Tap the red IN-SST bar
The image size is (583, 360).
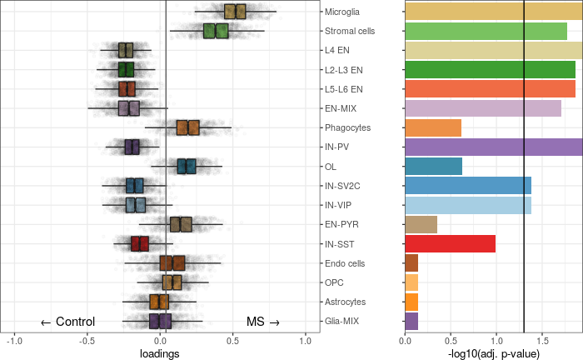(x=450, y=243)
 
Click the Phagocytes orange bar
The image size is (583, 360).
(x=432, y=127)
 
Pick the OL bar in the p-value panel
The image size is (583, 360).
(x=433, y=166)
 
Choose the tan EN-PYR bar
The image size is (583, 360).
(x=421, y=224)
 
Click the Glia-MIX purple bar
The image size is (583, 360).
(x=411, y=321)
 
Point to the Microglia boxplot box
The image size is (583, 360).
(x=235, y=12)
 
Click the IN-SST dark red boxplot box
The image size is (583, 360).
(x=140, y=243)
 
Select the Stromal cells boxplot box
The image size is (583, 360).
(x=216, y=31)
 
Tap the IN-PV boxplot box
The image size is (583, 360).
(x=132, y=147)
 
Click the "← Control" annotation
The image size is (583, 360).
(x=67, y=322)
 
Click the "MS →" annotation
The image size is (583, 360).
(x=263, y=322)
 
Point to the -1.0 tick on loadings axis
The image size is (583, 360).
(x=14, y=340)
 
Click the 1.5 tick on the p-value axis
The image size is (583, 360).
(x=541, y=340)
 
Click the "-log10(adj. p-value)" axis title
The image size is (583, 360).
(x=493, y=352)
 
